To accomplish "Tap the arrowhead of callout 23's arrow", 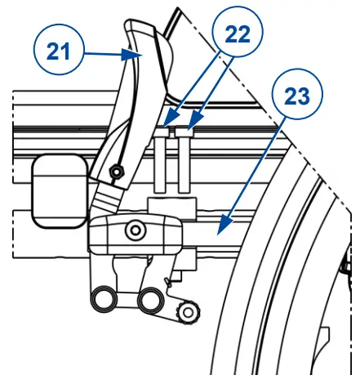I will [220, 222].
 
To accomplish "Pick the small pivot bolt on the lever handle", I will [118, 172].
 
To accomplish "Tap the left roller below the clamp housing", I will [104, 300].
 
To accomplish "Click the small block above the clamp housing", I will [158, 203].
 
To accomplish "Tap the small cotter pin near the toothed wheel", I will [168, 284].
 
